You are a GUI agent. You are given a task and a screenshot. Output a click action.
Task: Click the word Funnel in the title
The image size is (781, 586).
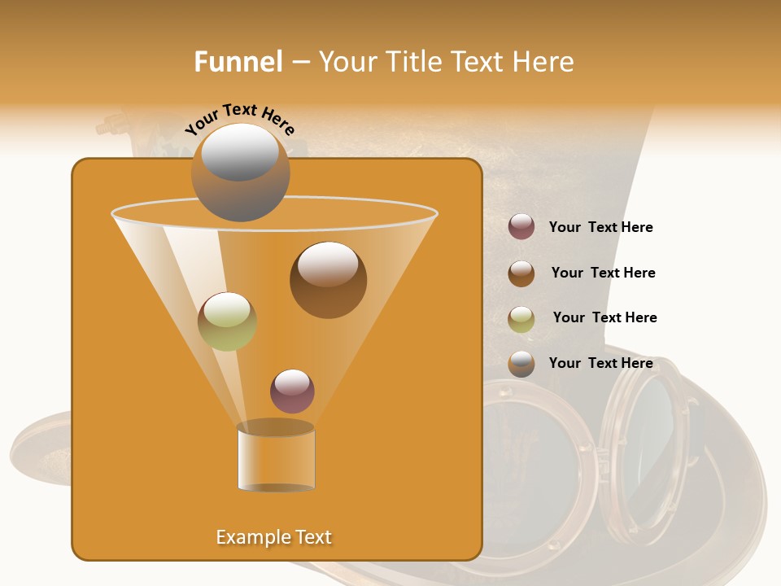pos(238,62)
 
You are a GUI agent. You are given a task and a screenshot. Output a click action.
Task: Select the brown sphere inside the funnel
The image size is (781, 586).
pos(328,280)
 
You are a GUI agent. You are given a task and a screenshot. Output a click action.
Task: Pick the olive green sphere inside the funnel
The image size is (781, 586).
pos(227,321)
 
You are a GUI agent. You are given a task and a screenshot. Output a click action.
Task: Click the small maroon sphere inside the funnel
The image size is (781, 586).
pos(292,391)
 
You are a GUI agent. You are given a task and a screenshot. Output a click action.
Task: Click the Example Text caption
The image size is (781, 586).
pos(273,537)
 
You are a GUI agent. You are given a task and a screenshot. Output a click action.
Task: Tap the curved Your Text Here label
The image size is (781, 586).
pos(239,119)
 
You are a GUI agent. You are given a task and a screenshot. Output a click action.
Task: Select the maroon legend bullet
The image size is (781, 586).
pos(521,227)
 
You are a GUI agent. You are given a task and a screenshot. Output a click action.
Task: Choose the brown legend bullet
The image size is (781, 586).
pos(521,273)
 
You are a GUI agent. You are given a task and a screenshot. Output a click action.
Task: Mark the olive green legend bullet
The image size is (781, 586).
pos(521,319)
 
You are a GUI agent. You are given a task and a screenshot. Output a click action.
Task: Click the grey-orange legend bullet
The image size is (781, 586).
pos(521,364)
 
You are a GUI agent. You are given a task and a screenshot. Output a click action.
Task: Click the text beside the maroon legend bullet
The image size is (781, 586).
pos(600,227)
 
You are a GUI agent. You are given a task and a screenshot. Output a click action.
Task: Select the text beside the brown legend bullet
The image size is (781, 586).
pos(603,273)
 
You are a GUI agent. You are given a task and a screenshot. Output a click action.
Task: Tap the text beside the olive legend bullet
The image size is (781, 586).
pos(604,317)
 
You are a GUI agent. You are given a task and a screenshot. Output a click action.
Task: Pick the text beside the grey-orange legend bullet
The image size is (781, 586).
pos(600,363)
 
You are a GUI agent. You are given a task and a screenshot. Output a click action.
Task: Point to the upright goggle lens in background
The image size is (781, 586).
pos(651,431)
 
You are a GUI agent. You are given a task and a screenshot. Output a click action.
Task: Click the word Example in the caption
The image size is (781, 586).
pos(251,537)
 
